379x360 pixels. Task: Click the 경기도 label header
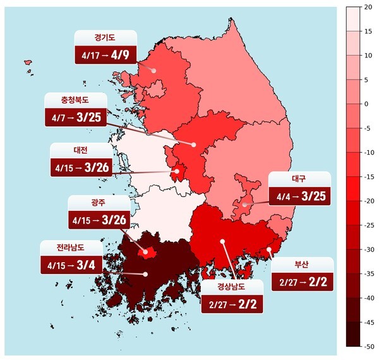click(x=105, y=38)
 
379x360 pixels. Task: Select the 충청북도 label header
click(x=76, y=100)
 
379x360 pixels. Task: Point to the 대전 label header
click(x=80, y=151)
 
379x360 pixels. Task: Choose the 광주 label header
click(x=98, y=203)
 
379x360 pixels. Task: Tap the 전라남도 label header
click(x=71, y=246)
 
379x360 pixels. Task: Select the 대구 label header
click(x=299, y=179)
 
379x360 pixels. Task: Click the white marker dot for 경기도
click(x=153, y=71)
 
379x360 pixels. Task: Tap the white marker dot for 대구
click(x=244, y=205)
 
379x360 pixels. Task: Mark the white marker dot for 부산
click(x=269, y=249)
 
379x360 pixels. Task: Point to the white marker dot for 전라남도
click(x=145, y=274)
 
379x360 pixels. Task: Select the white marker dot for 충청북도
click(x=194, y=145)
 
